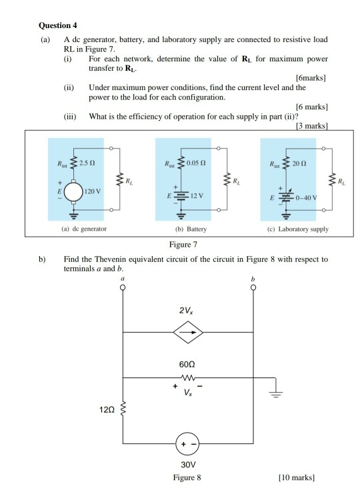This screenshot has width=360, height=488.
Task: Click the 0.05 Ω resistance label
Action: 195,163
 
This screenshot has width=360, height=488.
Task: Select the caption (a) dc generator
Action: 82,229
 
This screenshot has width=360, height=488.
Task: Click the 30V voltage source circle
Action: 188,443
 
